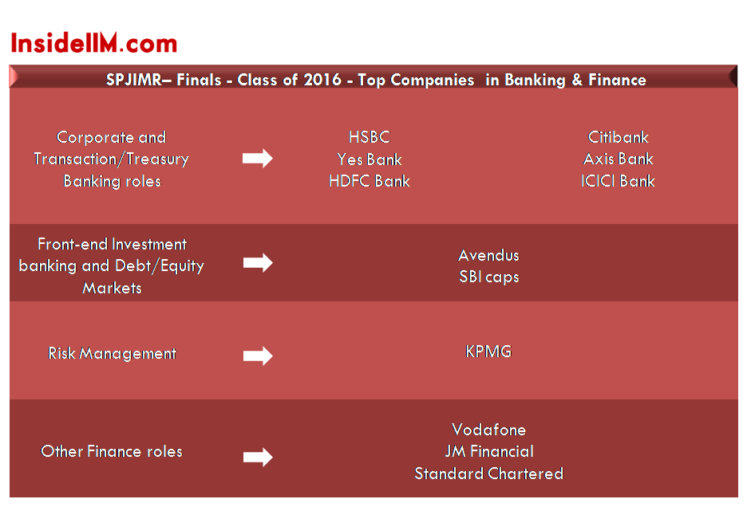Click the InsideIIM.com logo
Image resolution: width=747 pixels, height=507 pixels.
click(94, 43)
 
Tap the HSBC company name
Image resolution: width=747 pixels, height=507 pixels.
click(370, 137)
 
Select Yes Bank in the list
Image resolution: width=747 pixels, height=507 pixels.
click(370, 159)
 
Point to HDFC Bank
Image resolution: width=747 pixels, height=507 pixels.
click(370, 181)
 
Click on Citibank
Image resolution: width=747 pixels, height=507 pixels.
click(618, 137)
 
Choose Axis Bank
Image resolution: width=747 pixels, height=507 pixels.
click(618, 159)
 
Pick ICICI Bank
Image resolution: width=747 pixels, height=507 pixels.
click(618, 181)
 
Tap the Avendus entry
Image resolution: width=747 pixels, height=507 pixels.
click(488, 255)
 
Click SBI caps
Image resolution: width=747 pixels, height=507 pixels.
click(488, 277)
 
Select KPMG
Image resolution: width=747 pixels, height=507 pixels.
click(488, 352)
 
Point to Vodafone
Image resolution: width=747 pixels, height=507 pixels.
click(488, 430)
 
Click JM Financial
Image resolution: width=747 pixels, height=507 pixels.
click(489, 451)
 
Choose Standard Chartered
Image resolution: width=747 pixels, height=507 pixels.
click(488, 474)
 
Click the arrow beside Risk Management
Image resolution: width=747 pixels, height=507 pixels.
click(258, 356)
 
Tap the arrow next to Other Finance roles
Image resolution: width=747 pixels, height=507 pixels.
click(258, 457)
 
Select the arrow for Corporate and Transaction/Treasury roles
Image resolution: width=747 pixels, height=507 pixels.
click(257, 159)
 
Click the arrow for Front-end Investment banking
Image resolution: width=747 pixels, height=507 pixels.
click(258, 262)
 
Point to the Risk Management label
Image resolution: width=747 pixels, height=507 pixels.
click(113, 353)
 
